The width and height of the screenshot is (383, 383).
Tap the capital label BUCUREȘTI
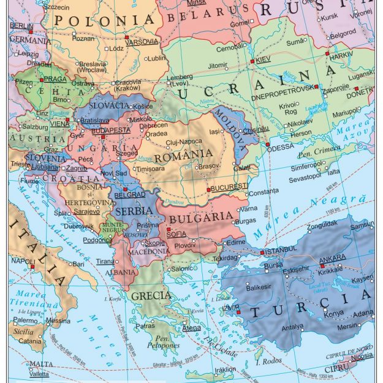click(228, 186)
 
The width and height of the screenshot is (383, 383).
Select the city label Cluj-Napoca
click(184, 142)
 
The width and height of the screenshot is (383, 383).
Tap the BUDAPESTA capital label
click(111, 131)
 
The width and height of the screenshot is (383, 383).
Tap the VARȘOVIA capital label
click(142, 42)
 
